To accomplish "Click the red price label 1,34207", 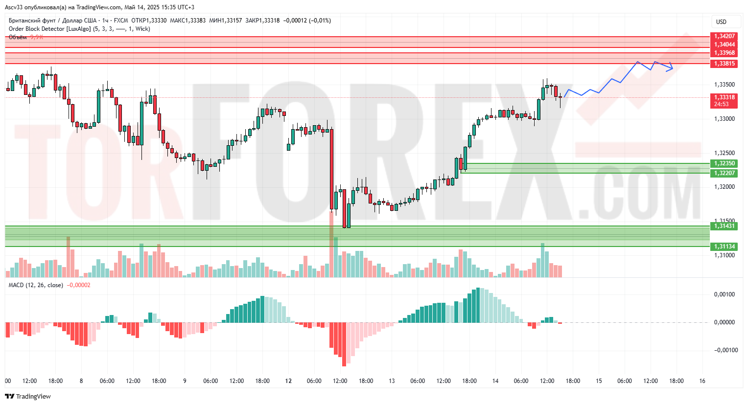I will (x=724, y=36).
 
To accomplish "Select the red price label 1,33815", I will (x=724, y=64).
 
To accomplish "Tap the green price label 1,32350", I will (x=724, y=163).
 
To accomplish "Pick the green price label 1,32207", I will (x=724, y=173).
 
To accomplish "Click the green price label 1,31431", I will (x=724, y=226).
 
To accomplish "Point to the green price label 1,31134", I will (x=724, y=247).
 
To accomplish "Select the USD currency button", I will (x=721, y=22).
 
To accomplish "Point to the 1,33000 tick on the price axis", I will (x=724, y=119).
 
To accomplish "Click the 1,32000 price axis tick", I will (x=724, y=187).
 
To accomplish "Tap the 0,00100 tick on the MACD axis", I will (x=724, y=294).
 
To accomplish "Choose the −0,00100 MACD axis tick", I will (x=724, y=350).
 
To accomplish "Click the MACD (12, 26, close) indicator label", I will (x=36, y=285).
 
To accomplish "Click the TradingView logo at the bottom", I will (x=28, y=397).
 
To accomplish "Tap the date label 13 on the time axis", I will (x=392, y=381).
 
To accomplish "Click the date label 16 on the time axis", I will (x=702, y=381).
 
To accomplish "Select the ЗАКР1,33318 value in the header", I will (x=262, y=21).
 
